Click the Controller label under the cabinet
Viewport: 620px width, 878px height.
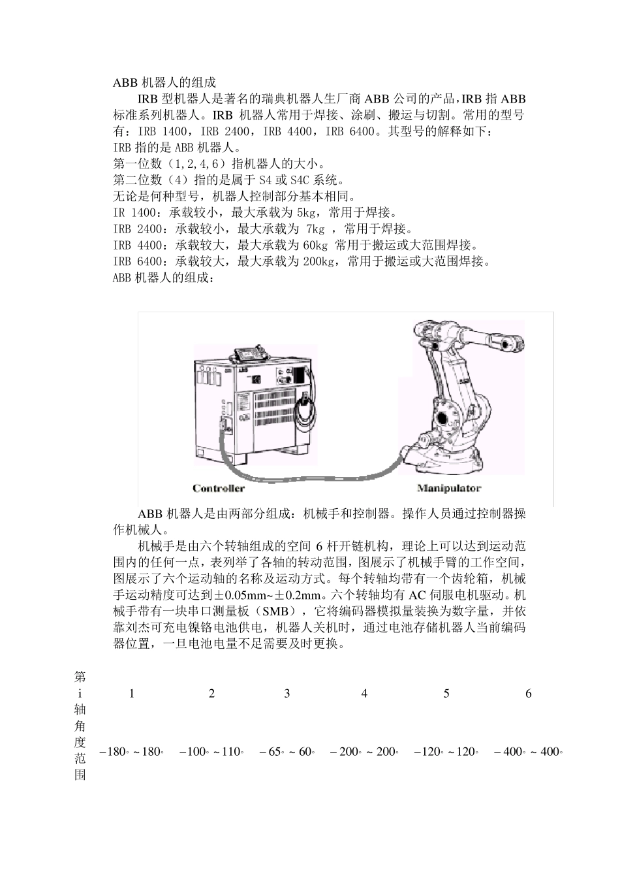219,488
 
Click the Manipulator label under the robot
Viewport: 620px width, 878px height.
448,488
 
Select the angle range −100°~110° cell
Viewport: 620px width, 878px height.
211,751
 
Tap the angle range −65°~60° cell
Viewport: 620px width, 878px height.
287,751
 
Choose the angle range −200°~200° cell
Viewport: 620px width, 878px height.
364,751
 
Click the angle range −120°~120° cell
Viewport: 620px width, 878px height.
446,751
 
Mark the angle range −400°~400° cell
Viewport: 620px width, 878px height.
528,751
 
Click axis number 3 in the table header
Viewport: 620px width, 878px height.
287,693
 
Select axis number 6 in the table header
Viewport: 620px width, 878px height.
529,693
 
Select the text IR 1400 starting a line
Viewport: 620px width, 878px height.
134,212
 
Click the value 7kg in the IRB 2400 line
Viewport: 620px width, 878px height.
315,229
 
